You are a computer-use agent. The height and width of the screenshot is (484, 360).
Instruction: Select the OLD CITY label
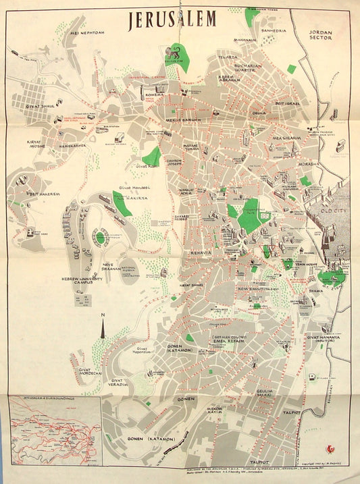tap(327, 219)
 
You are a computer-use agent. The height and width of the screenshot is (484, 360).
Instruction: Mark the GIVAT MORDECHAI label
tap(90, 371)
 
